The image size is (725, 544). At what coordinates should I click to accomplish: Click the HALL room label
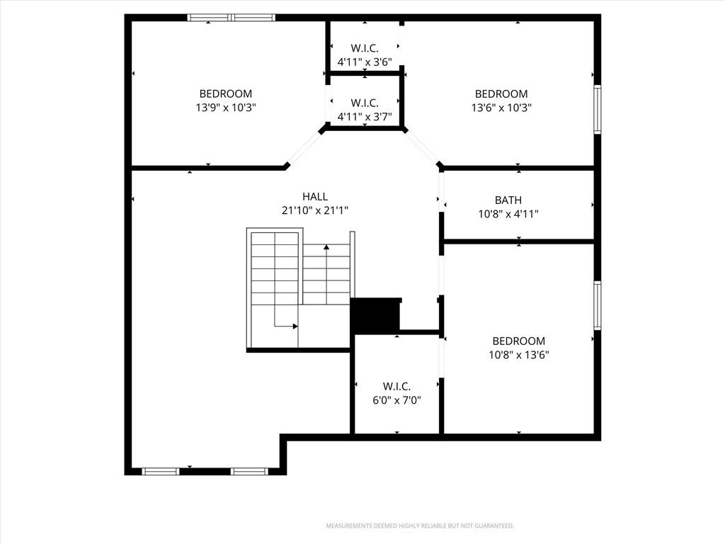[x=315, y=197]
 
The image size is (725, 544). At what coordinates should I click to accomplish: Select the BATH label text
[x=508, y=200]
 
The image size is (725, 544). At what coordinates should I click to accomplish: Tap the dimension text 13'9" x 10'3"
[x=226, y=108]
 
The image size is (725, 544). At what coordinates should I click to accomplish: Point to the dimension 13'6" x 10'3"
[x=501, y=108]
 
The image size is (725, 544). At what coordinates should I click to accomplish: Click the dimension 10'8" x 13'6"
[x=519, y=356]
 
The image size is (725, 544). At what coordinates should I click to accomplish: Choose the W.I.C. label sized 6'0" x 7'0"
[x=396, y=386]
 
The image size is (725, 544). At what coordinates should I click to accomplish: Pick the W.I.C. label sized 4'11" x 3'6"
[x=365, y=48]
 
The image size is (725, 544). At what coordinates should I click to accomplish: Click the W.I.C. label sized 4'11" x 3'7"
[x=365, y=103]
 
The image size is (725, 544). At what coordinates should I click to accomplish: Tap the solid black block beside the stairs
[x=375, y=315]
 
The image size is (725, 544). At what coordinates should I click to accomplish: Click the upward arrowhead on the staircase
[x=326, y=247]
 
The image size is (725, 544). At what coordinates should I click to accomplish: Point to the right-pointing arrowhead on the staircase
[x=295, y=326]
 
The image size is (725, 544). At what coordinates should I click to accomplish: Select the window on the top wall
[x=232, y=18]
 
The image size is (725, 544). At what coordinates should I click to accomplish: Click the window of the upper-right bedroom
[x=598, y=109]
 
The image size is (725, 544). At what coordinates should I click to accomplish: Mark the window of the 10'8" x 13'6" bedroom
[x=598, y=305]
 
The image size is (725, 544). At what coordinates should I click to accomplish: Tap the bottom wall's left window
[x=161, y=471]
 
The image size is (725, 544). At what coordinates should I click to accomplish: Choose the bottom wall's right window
[x=249, y=471]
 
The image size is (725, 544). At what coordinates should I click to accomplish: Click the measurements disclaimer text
[x=420, y=526]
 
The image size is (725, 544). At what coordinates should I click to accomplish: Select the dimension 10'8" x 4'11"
[x=508, y=214]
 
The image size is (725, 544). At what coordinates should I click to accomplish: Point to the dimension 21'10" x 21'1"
[x=315, y=210]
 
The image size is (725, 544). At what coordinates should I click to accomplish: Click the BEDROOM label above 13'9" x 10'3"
[x=226, y=94]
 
